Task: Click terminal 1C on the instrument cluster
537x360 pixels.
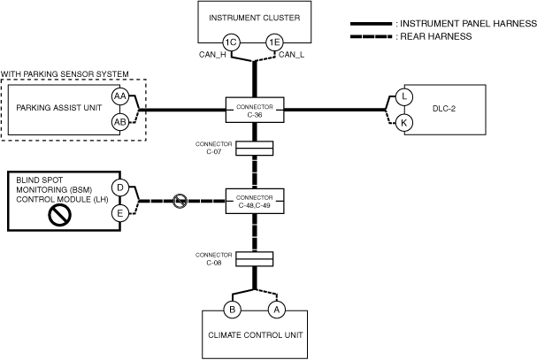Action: point(231,42)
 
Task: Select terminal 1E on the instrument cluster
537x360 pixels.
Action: point(275,42)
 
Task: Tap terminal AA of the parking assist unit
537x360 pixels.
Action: point(120,96)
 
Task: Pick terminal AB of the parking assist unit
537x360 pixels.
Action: point(120,122)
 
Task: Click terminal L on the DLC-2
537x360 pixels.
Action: point(404,96)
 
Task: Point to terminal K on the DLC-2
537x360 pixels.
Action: point(404,123)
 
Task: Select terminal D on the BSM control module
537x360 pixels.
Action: point(120,188)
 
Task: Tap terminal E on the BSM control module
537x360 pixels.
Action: point(120,213)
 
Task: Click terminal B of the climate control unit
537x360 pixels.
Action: point(232,310)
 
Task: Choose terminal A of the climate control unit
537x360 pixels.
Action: point(276,310)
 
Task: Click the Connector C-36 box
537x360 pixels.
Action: point(255,110)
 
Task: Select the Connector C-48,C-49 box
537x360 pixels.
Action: point(255,201)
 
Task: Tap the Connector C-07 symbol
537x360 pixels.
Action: point(255,149)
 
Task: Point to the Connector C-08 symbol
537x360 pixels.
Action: point(255,259)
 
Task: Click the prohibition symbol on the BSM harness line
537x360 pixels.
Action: point(180,201)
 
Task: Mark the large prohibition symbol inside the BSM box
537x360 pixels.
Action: point(60,215)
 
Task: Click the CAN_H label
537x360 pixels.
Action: point(212,55)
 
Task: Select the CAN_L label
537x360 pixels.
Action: point(291,55)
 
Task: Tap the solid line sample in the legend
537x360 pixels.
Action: point(371,24)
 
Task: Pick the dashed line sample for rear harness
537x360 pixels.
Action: point(371,36)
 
